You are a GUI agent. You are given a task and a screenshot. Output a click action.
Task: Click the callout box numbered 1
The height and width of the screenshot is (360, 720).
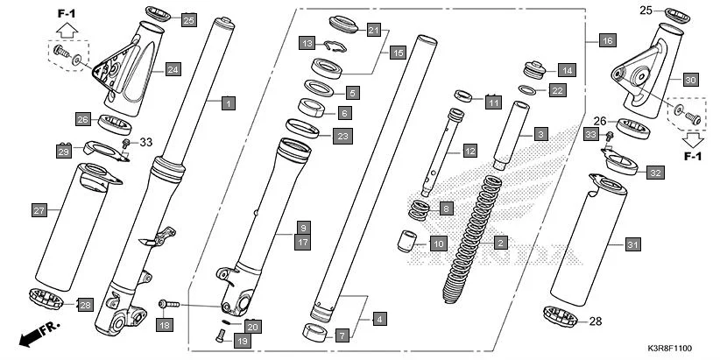(x=227, y=103)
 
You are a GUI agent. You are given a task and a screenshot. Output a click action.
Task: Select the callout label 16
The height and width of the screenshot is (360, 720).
(x=607, y=40)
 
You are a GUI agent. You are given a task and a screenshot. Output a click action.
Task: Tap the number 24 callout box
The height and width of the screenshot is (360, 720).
(x=173, y=68)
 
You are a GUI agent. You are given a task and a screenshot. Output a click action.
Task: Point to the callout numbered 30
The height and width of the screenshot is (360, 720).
(x=689, y=80)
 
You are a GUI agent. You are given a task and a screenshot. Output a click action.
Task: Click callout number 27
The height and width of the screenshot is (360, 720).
(x=39, y=210)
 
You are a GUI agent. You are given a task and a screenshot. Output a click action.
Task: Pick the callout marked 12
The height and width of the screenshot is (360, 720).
(x=469, y=152)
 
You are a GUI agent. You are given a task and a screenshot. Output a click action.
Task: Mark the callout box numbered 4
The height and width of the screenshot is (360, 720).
(x=379, y=320)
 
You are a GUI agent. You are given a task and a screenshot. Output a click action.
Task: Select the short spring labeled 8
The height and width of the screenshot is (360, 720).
(x=421, y=210)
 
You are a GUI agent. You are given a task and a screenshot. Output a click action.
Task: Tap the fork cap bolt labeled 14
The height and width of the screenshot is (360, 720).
(x=532, y=68)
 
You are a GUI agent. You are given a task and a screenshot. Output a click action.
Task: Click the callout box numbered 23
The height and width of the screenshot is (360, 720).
(x=342, y=136)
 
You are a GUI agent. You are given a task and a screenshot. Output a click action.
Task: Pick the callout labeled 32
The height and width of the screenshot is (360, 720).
(x=654, y=173)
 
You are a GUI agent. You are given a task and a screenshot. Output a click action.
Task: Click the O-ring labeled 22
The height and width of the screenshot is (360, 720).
(x=528, y=89)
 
